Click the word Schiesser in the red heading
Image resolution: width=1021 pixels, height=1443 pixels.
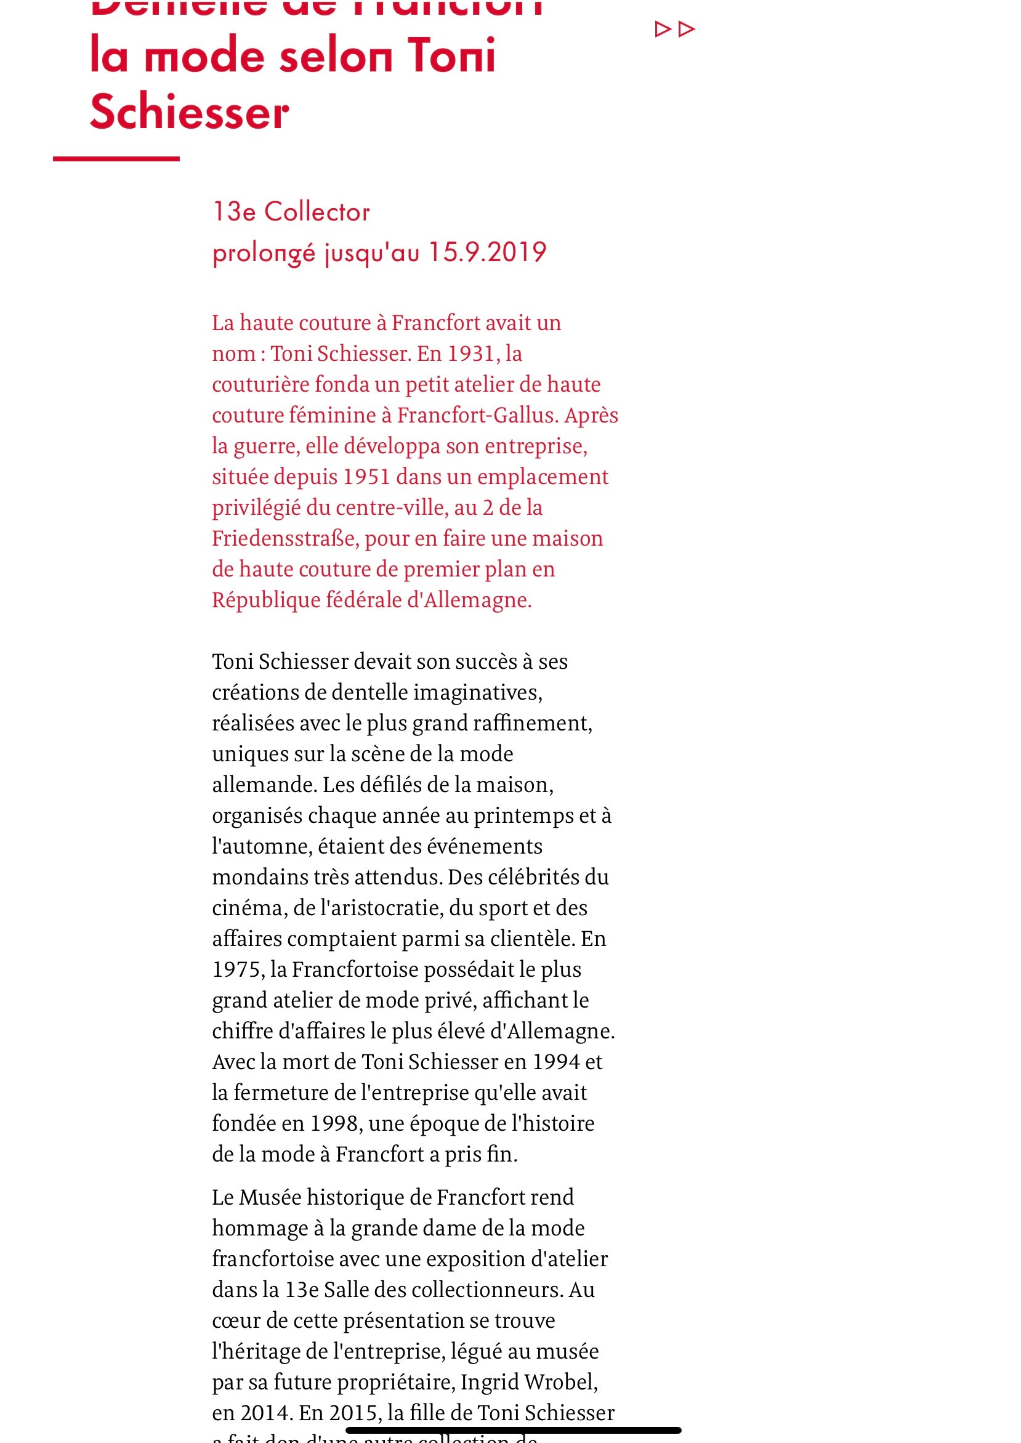point(189,112)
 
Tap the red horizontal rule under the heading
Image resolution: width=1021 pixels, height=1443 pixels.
point(116,158)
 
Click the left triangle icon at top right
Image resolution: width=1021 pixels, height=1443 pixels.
point(663,29)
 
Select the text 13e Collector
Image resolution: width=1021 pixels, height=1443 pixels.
point(291,212)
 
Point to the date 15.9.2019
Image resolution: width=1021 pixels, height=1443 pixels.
point(487,252)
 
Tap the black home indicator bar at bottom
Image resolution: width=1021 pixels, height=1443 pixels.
point(513,1431)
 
